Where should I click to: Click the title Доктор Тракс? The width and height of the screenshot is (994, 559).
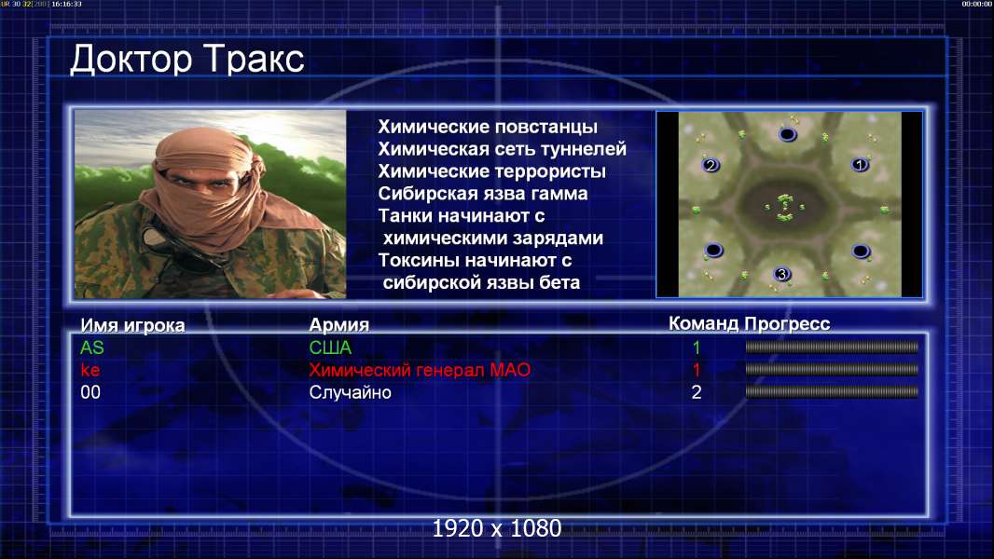click(x=187, y=61)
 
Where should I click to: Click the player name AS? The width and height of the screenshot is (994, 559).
click(x=92, y=348)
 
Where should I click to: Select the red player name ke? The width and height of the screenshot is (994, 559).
click(x=90, y=370)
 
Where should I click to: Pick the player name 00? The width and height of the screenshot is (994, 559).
click(x=90, y=392)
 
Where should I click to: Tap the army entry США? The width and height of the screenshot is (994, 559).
click(x=330, y=348)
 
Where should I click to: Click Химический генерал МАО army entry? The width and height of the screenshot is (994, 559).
click(x=420, y=370)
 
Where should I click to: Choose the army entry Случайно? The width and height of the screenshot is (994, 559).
click(x=350, y=392)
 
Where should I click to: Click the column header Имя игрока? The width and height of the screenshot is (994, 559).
click(x=132, y=325)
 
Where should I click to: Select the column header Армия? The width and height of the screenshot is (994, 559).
click(x=338, y=325)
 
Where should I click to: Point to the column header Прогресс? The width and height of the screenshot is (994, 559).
click(x=787, y=323)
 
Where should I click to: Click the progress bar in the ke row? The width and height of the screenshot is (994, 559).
click(x=832, y=369)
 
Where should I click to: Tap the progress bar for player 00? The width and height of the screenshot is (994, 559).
click(x=832, y=392)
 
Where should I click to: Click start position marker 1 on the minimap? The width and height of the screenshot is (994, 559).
click(x=860, y=165)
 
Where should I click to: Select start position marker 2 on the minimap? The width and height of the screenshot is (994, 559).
click(x=711, y=165)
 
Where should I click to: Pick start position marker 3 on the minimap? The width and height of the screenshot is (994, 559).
click(x=781, y=274)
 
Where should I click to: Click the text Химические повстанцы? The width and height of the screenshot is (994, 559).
click(x=488, y=127)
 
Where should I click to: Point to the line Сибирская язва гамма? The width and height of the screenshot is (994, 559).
click(x=483, y=194)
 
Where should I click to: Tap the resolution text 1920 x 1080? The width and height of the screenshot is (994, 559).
click(x=497, y=528)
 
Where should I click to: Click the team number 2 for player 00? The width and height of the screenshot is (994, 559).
click(x=696, y=392)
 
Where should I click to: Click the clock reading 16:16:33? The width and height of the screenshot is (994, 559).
click(x=66, y=4)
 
